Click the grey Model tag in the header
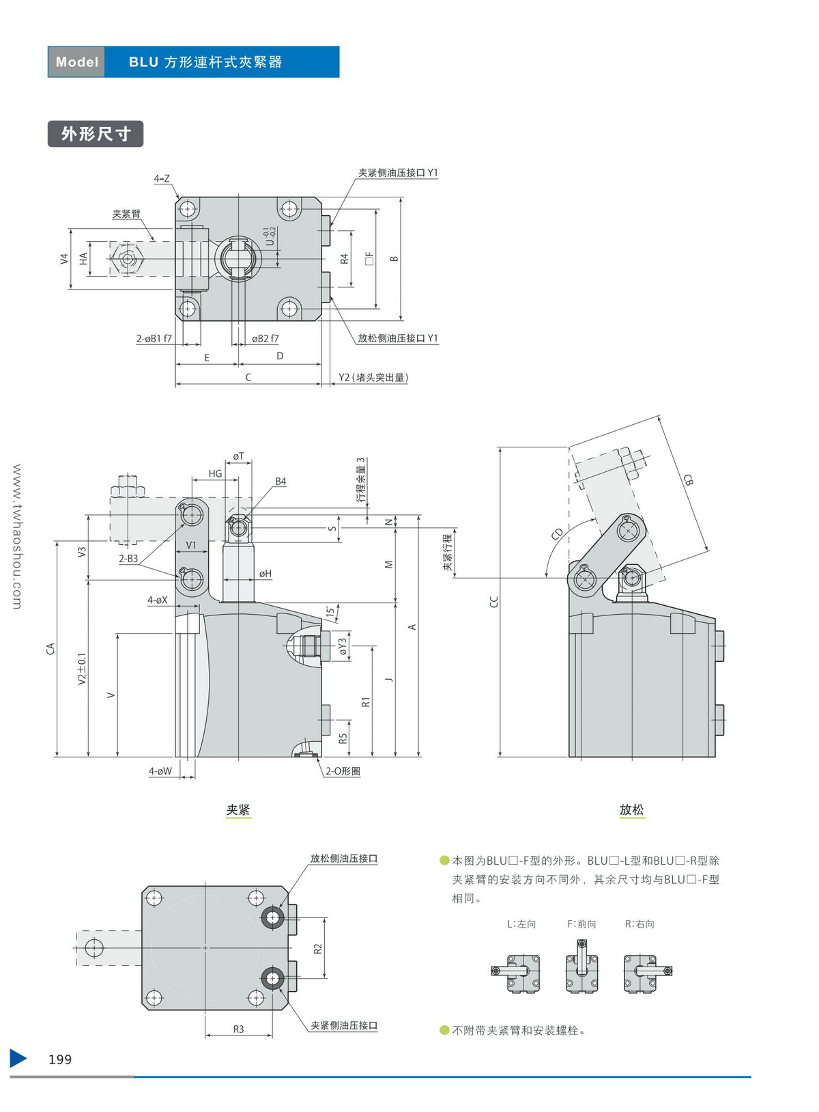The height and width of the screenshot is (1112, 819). coord(76,62)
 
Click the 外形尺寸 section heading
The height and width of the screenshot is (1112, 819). coord(96,134)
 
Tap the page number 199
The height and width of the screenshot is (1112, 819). coord(60,1059)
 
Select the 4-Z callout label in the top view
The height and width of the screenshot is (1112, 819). coord(162,179)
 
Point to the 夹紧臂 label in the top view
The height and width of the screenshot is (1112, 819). coord(126,214)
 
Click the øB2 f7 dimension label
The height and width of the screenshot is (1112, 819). coord(265,339)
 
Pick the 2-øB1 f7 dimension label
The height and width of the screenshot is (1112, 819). coord(154,339)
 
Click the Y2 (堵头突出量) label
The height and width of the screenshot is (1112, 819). coord(373,378)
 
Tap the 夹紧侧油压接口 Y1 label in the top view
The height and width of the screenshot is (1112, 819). coord(398,173)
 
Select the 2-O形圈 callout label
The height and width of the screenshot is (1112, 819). coord(343,771)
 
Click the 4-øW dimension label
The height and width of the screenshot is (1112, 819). coord(160,771)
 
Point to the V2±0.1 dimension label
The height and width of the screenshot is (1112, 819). coord(82,669)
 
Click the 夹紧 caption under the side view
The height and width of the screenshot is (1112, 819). coord(238,810)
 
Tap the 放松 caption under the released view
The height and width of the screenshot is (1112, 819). coord(631,810)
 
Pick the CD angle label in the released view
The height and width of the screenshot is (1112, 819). coord(558,533)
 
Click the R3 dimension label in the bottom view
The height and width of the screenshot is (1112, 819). coord(238,1029)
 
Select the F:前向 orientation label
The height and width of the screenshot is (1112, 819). coord(581,924)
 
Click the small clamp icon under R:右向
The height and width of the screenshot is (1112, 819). coord(646,973)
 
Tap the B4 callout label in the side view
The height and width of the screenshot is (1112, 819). coord(281,482)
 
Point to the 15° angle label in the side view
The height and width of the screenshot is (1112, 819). coord(330,611)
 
